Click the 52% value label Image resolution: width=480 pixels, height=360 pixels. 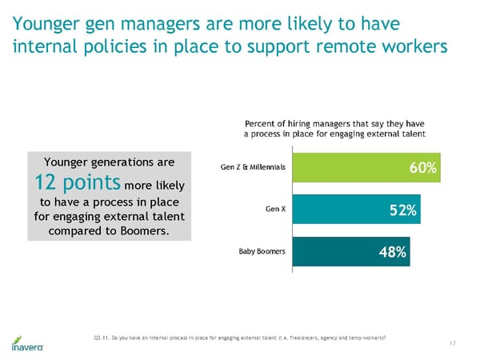(x=402, y=210)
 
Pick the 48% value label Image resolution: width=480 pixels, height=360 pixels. (x=393, y=253)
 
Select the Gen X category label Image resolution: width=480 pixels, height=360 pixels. (x=276, y=210)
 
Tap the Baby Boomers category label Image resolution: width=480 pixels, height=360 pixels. (x=262, y=252)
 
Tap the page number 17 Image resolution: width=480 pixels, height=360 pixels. (x=453, y=344)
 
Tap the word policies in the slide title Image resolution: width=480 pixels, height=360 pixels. (x=133, y=46)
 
